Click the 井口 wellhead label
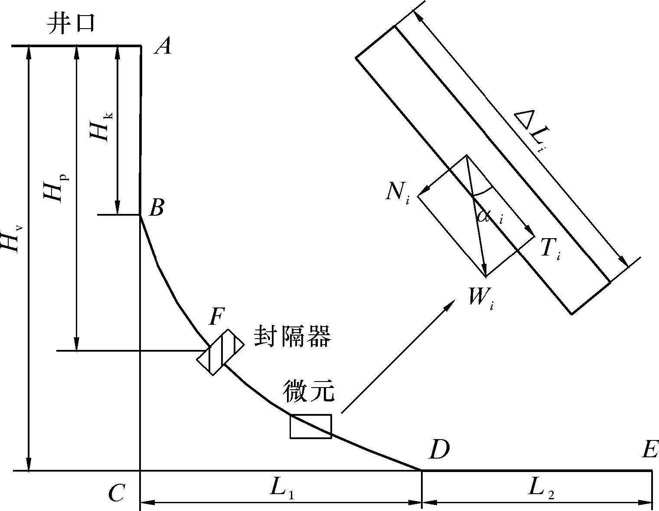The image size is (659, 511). pos(71,24)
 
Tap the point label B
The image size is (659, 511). pos(156,208)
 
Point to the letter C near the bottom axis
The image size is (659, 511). pos(117,493)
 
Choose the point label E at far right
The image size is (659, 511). pos(650,450)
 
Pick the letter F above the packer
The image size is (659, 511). pos(216,317)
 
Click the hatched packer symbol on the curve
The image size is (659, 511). pos(220,352)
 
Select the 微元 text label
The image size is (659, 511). pos(309,391)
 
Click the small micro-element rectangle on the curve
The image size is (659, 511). pos(310,427)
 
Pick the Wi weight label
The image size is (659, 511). pos(480,298)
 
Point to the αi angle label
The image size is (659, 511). pos(490,215)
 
